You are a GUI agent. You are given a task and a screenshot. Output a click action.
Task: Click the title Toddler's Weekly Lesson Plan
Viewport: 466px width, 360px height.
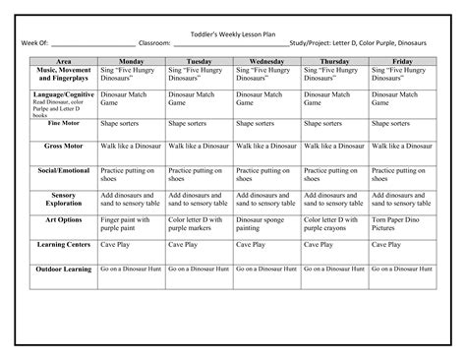pyautogui.click(x=233, y=32)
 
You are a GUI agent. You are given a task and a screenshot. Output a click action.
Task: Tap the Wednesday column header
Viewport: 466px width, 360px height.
pyautogui.click(x=267, y=61)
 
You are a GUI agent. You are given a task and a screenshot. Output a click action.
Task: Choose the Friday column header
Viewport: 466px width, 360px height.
pyautogui.click(x=402, y=61)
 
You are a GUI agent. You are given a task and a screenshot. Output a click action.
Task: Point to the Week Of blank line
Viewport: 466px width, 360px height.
pyautogui.click(x=92, y=44)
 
